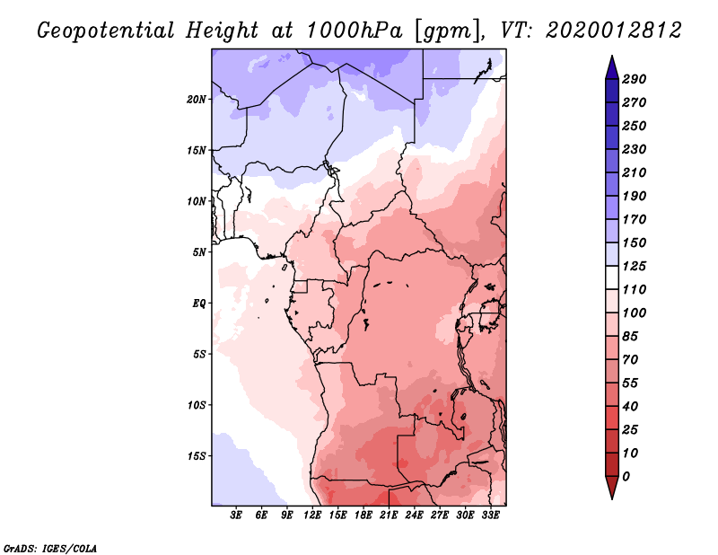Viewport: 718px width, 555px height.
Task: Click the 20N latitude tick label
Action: pos(197,99)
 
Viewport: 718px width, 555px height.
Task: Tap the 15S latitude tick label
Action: pos(197,455)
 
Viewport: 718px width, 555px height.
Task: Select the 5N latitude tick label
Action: pos(198,252)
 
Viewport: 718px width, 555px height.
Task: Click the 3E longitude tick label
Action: pos(237,515)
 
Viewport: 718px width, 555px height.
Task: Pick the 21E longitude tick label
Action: pos(389,515)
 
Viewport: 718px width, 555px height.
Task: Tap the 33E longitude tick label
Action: pos(490,515)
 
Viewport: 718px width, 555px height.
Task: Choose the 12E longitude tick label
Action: pos(313,515)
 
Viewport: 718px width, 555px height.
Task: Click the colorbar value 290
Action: pos(635,79)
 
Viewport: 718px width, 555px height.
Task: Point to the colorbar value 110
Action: pos(635,289)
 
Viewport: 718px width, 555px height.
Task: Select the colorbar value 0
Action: pos(626,476)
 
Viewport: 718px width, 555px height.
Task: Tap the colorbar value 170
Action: pos(635,219)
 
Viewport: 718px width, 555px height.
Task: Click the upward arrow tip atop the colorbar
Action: pos(610,57)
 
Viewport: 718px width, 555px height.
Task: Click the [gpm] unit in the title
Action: pos(446,31)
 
